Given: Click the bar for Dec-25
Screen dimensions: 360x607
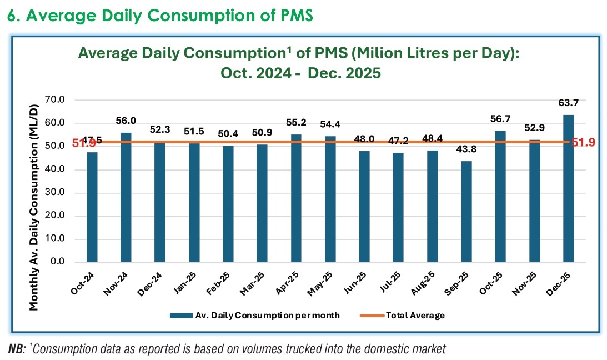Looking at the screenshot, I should point(569,188).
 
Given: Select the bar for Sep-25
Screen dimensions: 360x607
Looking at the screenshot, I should point(466,212).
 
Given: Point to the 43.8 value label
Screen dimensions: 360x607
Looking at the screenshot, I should point(466,153).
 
